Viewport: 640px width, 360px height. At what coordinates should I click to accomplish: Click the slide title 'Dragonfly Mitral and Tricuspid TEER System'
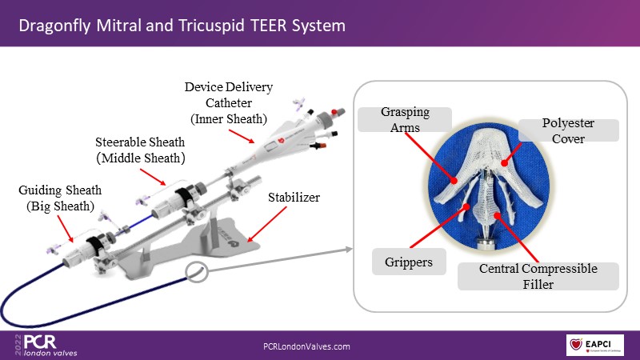(182, 26)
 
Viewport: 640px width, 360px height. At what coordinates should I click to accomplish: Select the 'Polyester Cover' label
(568, 130)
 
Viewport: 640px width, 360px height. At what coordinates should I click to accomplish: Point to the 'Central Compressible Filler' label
(538, 275)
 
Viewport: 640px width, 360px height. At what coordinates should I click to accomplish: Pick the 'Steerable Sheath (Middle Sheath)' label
(140, 150)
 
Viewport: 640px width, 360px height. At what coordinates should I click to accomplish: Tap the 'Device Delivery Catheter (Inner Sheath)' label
(218, 102)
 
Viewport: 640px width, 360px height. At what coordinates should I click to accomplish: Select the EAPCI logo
(594, 346)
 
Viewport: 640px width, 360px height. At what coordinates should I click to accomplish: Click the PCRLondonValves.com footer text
(307, 346)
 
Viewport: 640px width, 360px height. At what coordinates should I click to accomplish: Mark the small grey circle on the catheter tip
(197, 271)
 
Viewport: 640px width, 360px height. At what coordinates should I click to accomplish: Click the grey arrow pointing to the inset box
(280, 260)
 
